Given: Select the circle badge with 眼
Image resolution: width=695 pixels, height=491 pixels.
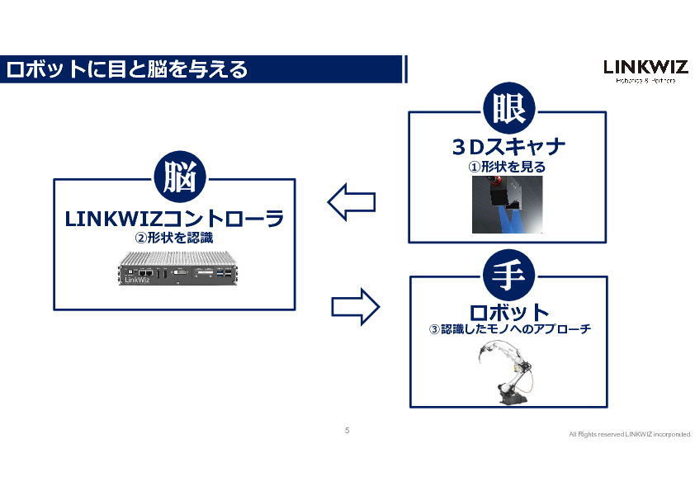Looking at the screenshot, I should click(x=508, y=109).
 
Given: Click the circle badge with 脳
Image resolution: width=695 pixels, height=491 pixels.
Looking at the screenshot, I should click(x=179, y=177).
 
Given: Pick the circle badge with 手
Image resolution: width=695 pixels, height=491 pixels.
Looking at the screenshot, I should click(x=508, y=274).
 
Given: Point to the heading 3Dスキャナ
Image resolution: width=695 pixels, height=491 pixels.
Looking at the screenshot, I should click(x=508, y=147).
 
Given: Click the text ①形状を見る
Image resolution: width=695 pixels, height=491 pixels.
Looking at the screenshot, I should click(x=508, y=167).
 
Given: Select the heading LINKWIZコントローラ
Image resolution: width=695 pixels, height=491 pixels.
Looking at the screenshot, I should click(x=174, y=219).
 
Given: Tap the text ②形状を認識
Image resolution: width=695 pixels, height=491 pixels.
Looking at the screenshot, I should click(x=174, y=238).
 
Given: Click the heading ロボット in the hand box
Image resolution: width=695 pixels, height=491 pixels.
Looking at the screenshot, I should click(x=508, y=312).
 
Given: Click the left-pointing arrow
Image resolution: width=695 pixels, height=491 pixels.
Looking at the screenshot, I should click(x=352, y=202).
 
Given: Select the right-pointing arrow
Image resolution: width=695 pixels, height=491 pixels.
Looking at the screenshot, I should click(x=355, y=307).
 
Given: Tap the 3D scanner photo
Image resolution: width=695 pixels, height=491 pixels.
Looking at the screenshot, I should click(x=508, y=205).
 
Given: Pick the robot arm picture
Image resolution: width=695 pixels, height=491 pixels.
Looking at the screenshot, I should click(x=507, y=374).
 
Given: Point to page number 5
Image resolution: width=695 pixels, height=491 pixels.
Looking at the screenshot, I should click(x=347, y=431).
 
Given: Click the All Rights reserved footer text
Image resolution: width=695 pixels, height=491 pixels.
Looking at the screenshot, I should click(x=630, y=435).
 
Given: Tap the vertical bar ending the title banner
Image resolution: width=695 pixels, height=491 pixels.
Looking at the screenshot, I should click(x=405, y=69).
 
